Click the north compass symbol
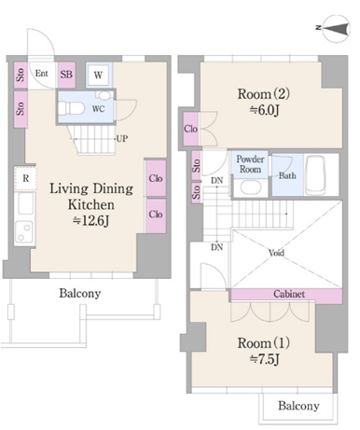pos(337,29)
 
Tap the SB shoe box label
pos(66,75)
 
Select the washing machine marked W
pos(98,75)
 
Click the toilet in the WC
pos(71,109)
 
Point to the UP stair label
pos(121,138)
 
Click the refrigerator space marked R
pos(25,178)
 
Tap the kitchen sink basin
pos(25,203)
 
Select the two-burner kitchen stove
pos(24,231)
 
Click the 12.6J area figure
pos(90,221)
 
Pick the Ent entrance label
pos(41,74)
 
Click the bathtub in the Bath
pos(314,174)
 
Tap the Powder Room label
pos(250,164)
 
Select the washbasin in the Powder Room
pos(250,187)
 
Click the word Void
pos(276,253)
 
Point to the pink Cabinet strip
pos(286,295)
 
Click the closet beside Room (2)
pos(190,129)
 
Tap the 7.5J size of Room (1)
pos(264,359)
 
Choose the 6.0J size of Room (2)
pos(264,110)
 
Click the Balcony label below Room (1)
pos(298,406)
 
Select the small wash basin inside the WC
pos(106,95)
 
